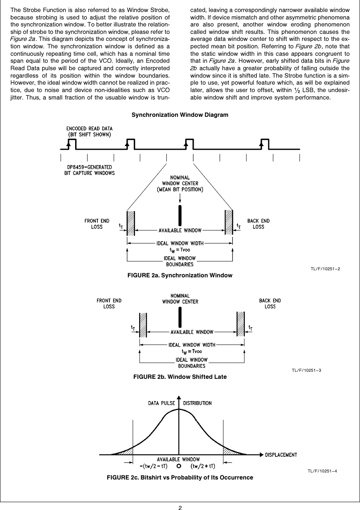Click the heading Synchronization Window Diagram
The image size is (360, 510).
[x=180, y=115]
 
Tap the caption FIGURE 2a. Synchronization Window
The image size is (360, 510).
[x=180, y=275]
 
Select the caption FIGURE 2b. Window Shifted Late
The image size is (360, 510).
[x=180, y=377]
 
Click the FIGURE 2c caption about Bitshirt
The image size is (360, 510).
[x=180, y=477]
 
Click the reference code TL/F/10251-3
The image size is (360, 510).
[x=306, y=370]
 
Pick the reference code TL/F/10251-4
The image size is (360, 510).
[x=322, y=471]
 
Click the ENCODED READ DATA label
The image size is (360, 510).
[x=90, y=131]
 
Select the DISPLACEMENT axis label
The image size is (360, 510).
[x=281, y=455]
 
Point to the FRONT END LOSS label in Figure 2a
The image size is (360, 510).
[x=97, y=224]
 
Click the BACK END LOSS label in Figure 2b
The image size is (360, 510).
[x=270, y=303]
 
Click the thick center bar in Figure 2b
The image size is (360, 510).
[x=180, y=316]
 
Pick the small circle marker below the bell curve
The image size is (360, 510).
[x=179, y=467]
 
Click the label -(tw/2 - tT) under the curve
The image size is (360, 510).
[x=153, y=467]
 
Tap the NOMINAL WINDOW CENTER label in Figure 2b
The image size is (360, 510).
[x=180, y=299]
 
